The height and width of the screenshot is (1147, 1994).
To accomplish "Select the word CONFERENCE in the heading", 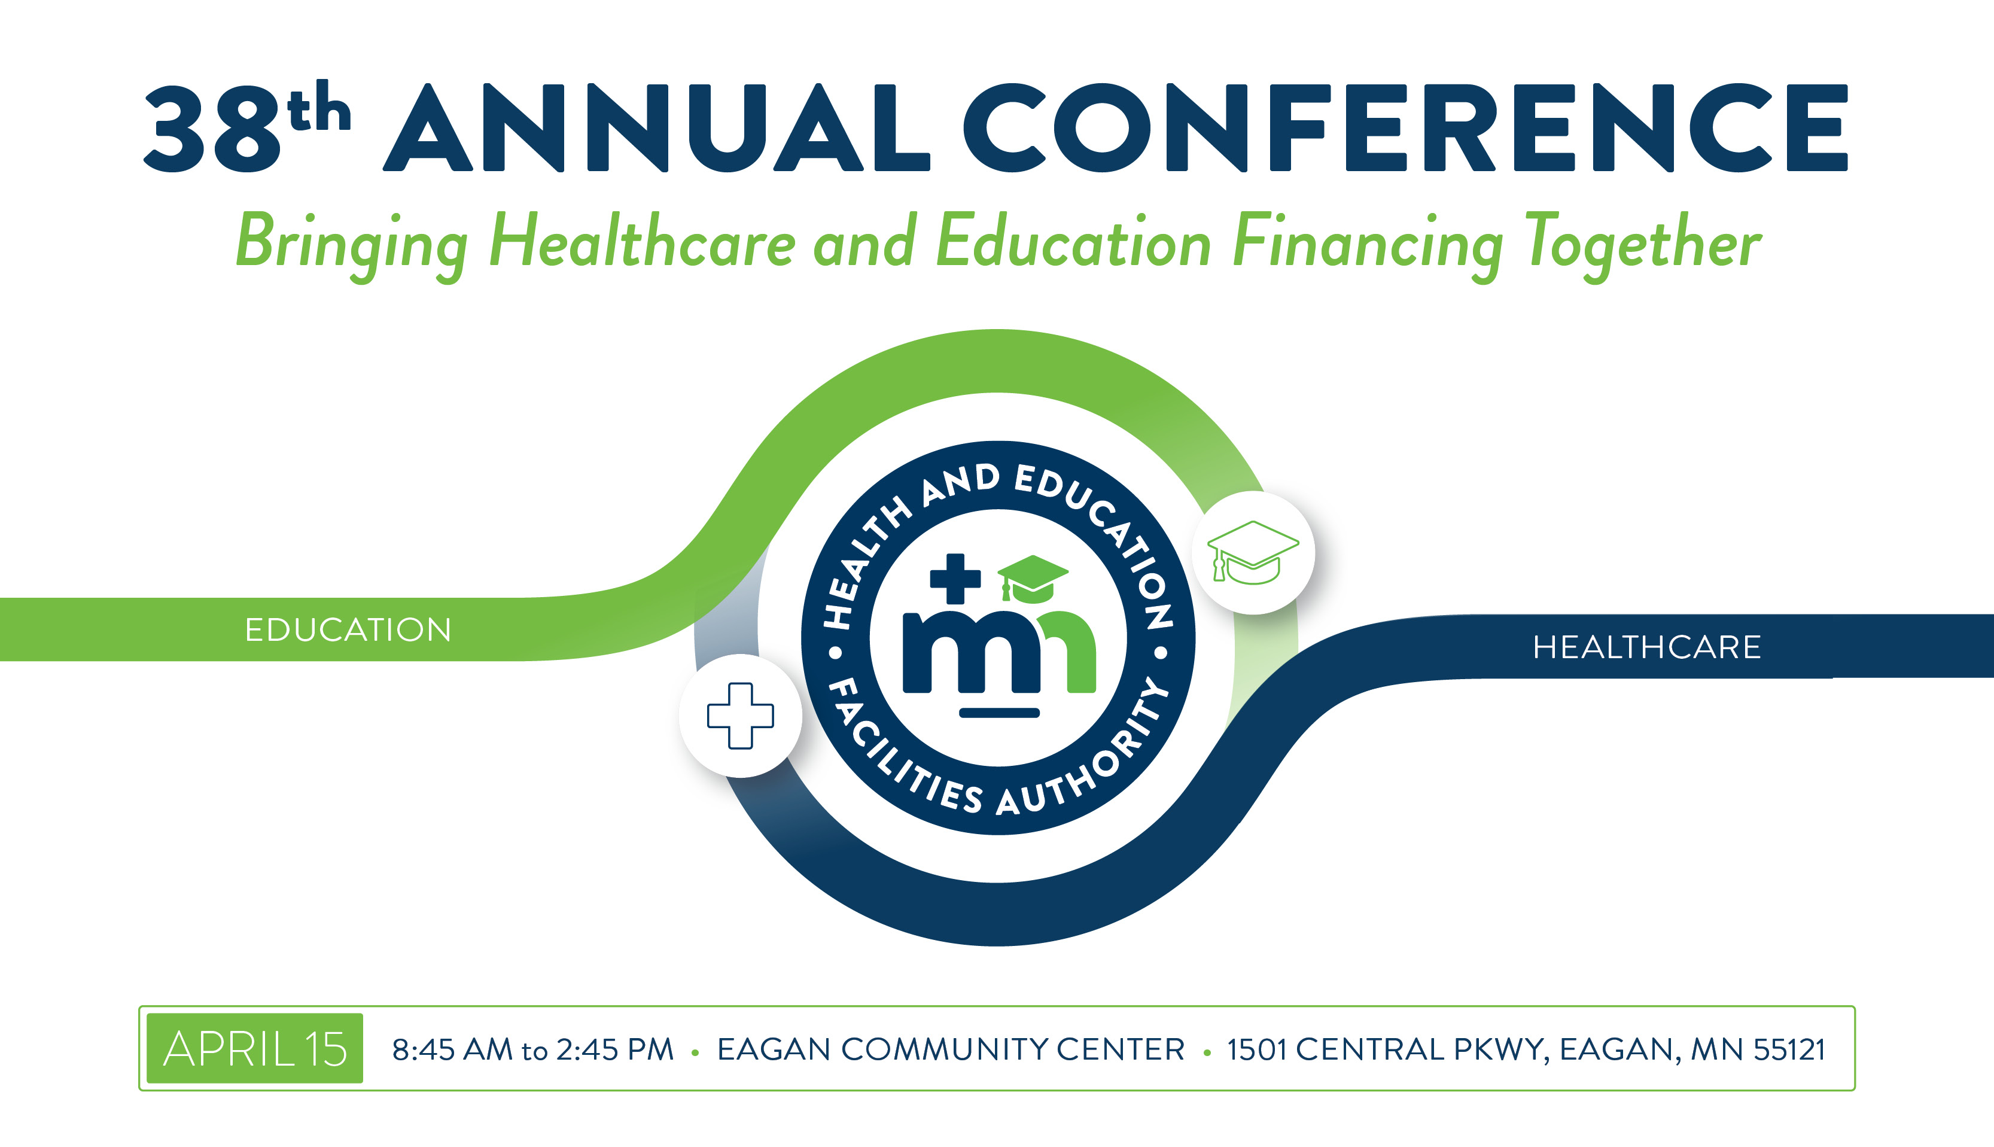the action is pyautogui.click(x=1405, y=127).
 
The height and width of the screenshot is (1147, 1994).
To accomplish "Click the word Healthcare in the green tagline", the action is pyautogui.click(x=643, y=241).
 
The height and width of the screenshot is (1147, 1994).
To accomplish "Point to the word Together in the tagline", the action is pyautogui.click(x=1643, y=245).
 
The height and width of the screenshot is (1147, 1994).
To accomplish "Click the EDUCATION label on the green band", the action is pyautogui.click(x=348, y=630).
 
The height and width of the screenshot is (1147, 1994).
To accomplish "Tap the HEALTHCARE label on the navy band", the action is pyautogui.click(x=1646, y=647).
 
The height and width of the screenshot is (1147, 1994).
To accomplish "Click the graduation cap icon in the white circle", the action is pyautogui.click(x=1253, y=552).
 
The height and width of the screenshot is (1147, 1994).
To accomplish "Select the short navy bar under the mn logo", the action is pyautogui.click(x=999, y=713).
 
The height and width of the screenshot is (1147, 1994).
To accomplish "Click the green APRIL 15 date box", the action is pyautogui.click(x=255, y=1048).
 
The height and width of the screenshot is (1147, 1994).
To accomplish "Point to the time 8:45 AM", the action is pyautogui.click(x=452, y=1049).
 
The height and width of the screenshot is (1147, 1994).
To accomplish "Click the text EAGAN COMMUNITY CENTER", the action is pyautogui.click(x=951, y=1049).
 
